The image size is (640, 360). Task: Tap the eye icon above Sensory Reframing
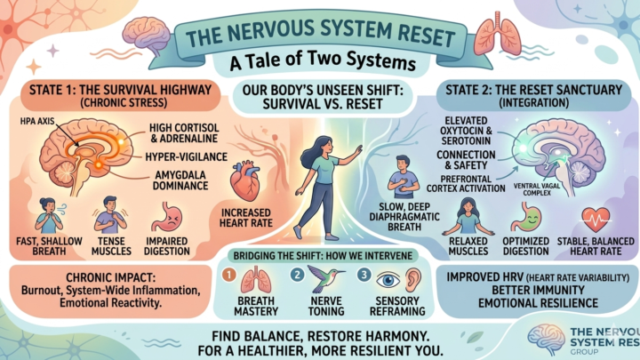388,280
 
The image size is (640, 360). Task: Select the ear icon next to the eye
413,280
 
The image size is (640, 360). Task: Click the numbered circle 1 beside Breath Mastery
229,275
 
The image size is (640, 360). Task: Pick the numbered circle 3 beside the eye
364,275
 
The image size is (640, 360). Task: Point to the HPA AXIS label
37,121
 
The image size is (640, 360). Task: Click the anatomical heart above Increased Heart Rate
245,181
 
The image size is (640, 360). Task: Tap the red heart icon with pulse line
596,220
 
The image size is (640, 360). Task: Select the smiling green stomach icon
525,220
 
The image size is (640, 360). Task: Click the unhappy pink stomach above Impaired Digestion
166,219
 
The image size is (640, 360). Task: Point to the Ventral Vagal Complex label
537,189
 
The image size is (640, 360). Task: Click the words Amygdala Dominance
180,180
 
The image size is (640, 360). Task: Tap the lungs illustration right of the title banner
497,35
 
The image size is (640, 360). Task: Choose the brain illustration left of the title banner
147,36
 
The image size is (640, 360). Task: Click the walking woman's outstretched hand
357,151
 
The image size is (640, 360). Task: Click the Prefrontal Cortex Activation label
466,184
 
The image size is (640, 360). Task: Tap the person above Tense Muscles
110,215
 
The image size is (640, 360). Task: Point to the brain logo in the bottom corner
546,339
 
